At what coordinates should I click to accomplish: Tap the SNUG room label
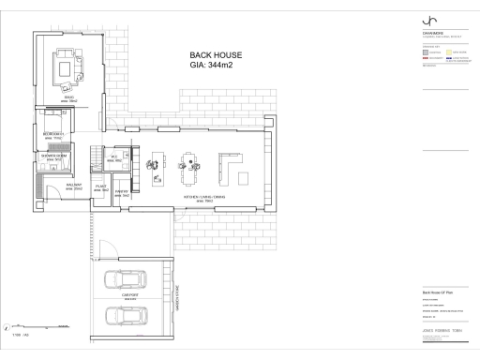[x=69, y=97]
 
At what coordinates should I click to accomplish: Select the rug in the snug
[x=67, y=67]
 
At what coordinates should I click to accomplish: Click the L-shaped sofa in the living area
[x=230, y=168]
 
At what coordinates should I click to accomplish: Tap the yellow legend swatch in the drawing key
[x=450, y=53]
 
